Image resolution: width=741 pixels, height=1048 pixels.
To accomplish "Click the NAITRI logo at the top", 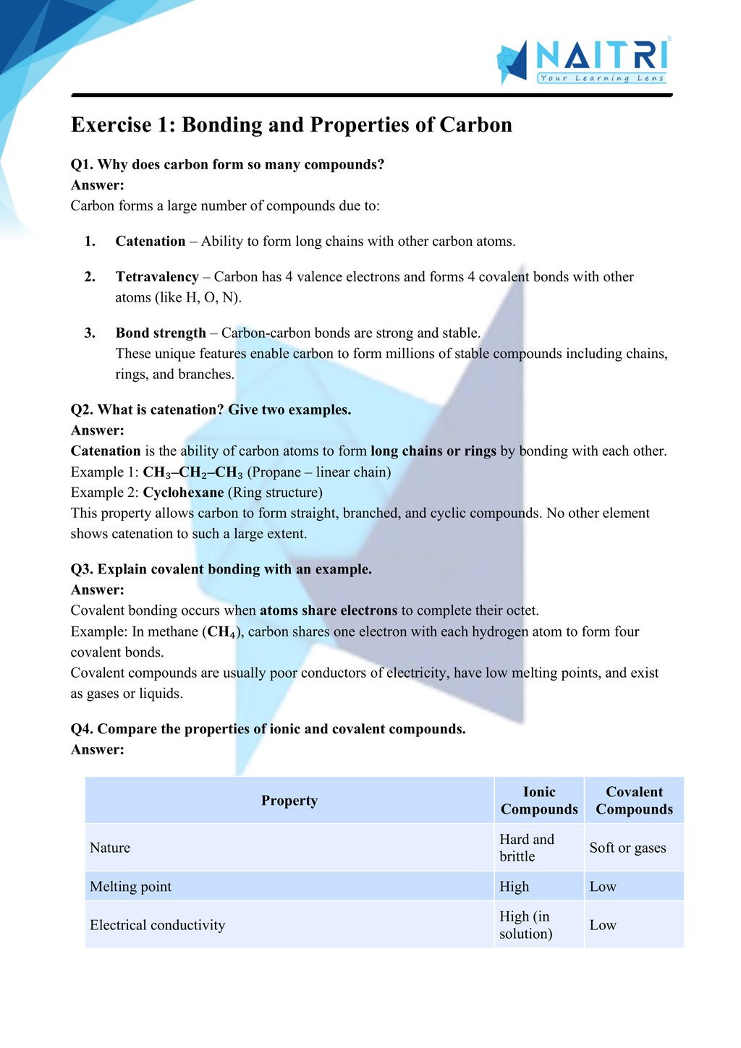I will pos(583,61).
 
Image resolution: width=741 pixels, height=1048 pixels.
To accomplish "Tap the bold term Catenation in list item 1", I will pos(151,242).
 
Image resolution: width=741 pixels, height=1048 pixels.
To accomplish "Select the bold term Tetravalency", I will pos(157,277).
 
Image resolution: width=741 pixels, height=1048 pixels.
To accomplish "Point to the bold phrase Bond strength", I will pos(161,333).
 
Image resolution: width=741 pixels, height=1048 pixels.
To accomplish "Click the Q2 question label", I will pos(82,410).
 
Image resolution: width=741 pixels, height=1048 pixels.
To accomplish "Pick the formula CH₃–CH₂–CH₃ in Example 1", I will pos(193,472).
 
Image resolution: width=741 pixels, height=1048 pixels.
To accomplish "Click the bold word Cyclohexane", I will pos(183,493).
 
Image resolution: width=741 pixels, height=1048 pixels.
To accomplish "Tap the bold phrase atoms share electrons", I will pos(329,610).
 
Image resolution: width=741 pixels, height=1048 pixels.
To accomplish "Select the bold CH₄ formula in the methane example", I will pos(221,631).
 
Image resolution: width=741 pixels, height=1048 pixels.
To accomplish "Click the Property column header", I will pos(289,801).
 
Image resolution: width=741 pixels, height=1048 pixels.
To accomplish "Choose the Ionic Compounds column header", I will pos(539,801).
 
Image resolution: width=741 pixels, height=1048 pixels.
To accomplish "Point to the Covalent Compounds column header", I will pos(634,801).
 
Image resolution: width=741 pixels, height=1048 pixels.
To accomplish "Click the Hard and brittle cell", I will pos(527,848).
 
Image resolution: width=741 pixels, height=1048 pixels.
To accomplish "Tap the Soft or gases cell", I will pos(627,848).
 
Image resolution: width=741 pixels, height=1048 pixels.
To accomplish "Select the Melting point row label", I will pos(130,887).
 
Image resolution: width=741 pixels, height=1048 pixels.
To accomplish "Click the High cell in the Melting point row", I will pos(515,887).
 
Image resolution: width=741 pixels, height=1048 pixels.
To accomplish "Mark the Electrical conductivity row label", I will pos(157,925).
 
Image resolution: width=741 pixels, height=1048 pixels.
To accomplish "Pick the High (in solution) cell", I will pos(525,925).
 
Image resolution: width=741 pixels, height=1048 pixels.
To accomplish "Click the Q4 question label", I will pos(82,729).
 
